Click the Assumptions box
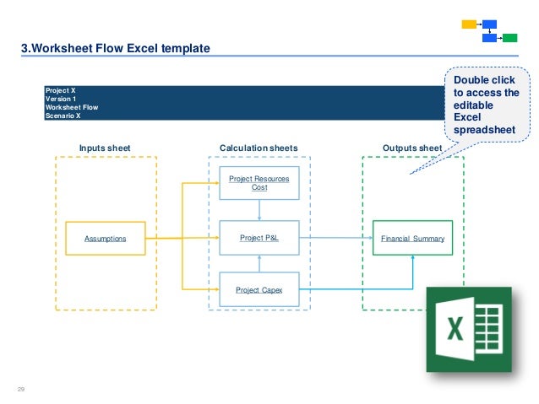106,239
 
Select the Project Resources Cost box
259,183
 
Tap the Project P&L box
259,239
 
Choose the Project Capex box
259,289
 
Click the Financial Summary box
412,239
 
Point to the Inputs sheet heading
105,148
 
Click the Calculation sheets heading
259,148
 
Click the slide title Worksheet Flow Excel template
115,48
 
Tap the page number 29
21,388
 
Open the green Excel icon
469,330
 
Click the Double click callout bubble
487,105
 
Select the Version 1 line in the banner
60,99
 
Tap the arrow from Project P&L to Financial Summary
336,239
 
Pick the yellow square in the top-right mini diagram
469,24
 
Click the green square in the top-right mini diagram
509,38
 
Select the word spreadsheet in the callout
486,131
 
